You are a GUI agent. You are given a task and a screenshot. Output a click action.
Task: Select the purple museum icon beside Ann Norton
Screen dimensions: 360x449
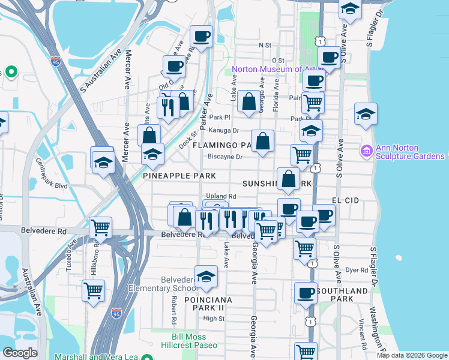pos(366,149)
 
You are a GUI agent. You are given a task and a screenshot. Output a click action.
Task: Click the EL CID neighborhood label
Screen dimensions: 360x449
pos(344,199)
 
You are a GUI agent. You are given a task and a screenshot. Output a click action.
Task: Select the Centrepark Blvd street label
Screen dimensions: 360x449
pos(53,174)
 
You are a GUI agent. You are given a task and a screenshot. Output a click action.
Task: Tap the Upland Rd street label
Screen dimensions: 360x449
pos(221,196)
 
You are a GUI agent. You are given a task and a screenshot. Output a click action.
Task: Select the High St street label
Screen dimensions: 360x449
pos(213,319)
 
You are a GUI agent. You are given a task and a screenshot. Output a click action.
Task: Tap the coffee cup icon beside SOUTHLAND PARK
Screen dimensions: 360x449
pos(306,293)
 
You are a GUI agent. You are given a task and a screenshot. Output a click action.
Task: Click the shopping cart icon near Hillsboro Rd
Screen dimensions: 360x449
pos(93,291)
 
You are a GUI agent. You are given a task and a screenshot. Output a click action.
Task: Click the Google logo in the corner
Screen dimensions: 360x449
pos(20,353)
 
